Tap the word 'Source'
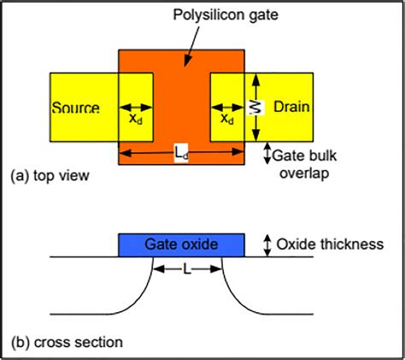point(76,108)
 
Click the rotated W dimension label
point(253,107)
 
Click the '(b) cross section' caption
point(66,342)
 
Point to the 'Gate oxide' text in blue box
point(181,245)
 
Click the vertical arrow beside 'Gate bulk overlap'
point(267,153)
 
